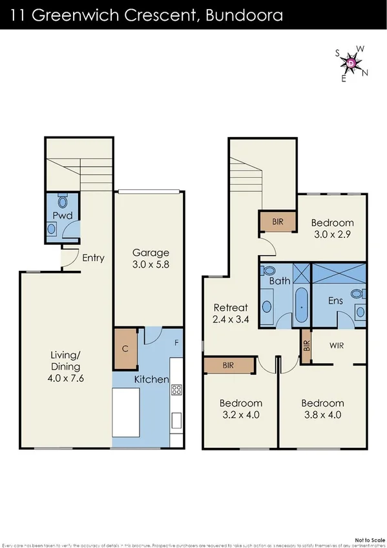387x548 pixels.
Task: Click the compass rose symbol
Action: tap(350, 63)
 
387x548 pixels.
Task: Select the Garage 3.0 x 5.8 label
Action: tap(151, 258)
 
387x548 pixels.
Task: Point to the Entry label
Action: tap(93, 258)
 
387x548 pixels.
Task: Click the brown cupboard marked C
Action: tap(125, 349)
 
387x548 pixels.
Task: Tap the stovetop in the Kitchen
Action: tap(176, 390)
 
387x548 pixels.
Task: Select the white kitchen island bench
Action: tap(126, 412)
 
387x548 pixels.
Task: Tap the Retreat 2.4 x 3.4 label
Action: tap(231, 313)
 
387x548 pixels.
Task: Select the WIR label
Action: tap(336, 346)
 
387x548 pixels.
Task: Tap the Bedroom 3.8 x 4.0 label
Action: tap(321, 409)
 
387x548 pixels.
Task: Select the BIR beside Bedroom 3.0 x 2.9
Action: tap(278, 222)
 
